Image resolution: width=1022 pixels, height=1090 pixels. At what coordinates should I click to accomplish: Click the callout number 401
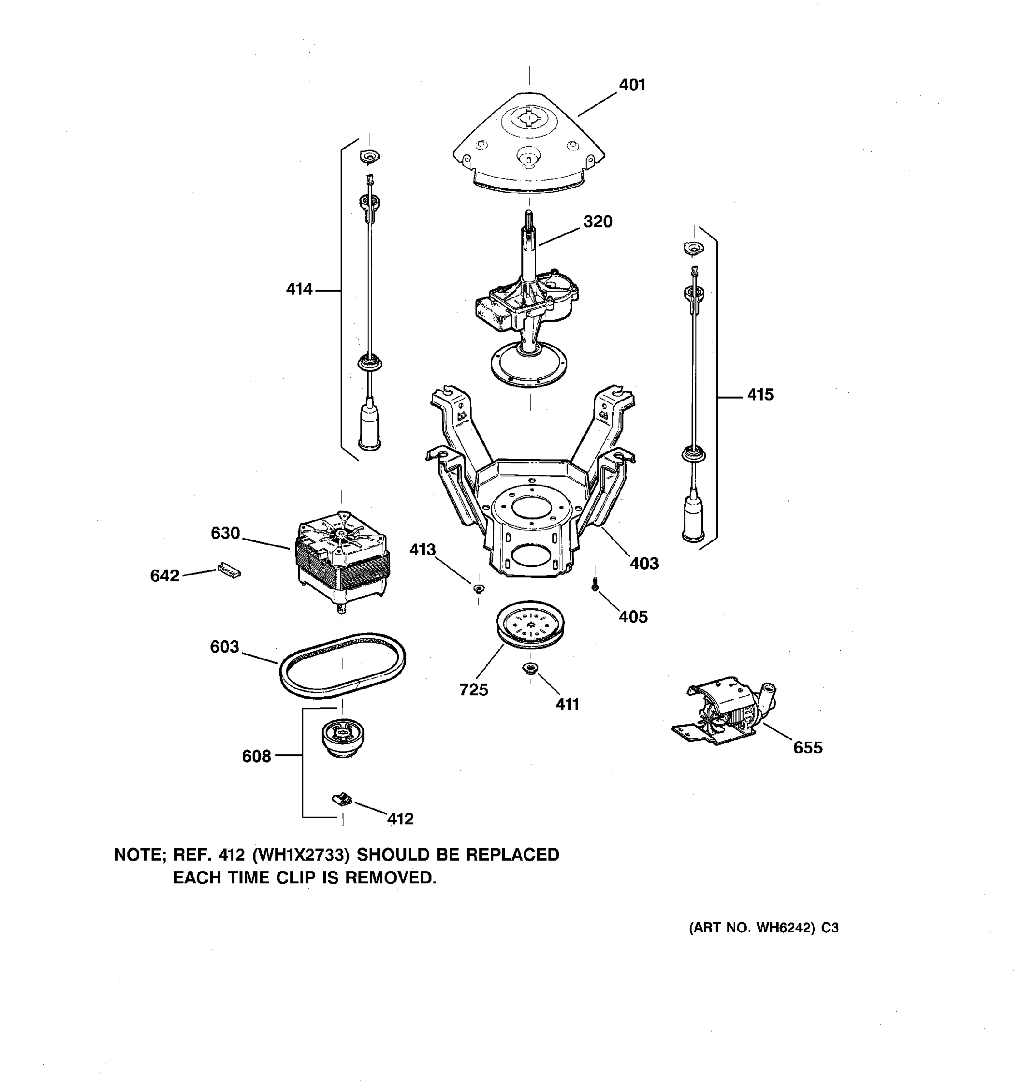[x=632, y=85]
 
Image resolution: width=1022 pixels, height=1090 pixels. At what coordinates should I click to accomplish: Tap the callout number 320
[x=597, y=222]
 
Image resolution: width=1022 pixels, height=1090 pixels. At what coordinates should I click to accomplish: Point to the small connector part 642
[x=229, y=570]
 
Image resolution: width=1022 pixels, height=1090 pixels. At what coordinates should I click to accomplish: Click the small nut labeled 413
[x=479, y=588]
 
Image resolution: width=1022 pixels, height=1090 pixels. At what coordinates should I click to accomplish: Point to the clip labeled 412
[x=342, y=799]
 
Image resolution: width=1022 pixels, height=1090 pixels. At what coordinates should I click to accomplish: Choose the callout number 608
[x=256, y=757]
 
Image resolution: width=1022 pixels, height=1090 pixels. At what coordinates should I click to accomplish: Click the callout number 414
[x=299, y=289]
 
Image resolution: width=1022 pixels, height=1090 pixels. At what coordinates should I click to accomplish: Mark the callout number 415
[x=760, y=395]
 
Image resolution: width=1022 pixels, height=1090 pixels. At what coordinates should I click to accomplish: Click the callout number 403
[x=644, y=563]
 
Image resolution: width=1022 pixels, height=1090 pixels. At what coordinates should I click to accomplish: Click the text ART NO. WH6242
[x=752, y=928]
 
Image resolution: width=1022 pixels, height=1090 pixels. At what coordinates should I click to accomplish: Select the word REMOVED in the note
[x=390, y=878]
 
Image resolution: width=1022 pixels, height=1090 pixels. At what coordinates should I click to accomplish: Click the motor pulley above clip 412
[x=342, y=738]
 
